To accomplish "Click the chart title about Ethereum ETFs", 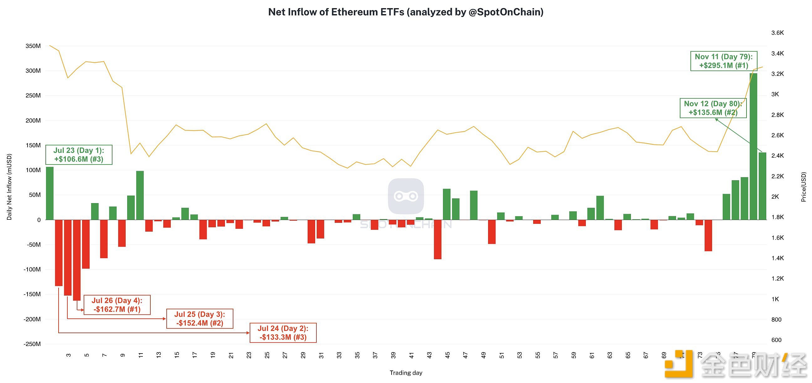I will (x=406, y=12).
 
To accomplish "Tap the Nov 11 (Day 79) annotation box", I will (x=723, y=61).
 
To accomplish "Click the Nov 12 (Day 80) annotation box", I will (x=713, y=108).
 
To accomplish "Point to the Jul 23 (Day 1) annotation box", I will (x=79, y=155).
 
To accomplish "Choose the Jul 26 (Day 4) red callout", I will (x=117, y=305).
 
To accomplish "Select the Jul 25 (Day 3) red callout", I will (x=200, y=319).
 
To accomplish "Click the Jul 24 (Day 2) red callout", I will (x=283, y=333).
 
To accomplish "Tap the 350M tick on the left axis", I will (x=33, y=46).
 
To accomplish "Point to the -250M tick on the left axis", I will (x=32, y=344).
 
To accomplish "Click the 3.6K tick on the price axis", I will (x=777, y=33).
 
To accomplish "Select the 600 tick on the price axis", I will (x=776, y=340).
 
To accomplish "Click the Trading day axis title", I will (x=406, y=373).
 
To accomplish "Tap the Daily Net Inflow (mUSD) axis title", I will (x=9, y=187).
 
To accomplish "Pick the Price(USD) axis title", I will (x=804, y=187).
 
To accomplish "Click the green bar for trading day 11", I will (x=140, y=195).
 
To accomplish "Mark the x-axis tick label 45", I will (x=447, y=355).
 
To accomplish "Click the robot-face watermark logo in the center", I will (x=406, y=196).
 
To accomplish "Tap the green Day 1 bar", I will (x=50, y=193).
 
